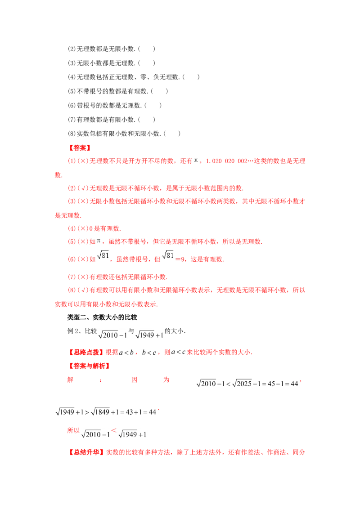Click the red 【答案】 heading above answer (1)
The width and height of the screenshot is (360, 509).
79,148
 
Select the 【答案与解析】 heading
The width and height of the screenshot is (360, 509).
89,366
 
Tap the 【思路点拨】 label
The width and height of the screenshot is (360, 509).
86,352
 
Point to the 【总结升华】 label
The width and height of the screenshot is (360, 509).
86,452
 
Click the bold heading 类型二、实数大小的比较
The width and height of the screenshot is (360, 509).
102,317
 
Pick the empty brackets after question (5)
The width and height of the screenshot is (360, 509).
159,91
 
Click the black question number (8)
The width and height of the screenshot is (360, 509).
72,134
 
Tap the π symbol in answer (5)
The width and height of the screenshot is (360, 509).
99,241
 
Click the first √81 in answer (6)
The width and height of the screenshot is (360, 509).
103,255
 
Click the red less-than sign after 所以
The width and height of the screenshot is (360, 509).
114,430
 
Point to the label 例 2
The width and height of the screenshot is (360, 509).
73,331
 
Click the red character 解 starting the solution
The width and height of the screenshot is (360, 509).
70,380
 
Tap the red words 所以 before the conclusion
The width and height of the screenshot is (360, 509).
73,430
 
